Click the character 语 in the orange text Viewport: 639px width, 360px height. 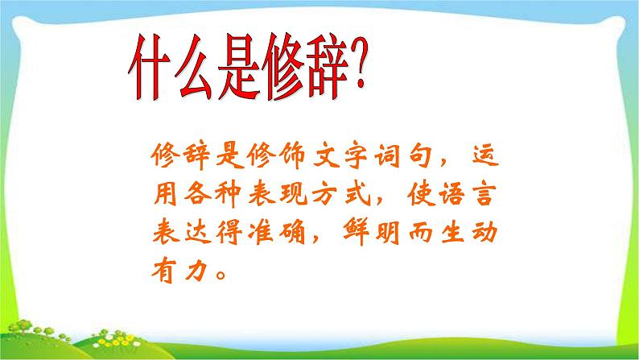(x=470, y=194)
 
